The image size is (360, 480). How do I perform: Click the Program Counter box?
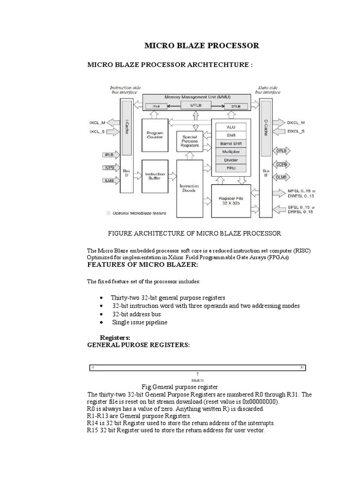(x=155, y=135)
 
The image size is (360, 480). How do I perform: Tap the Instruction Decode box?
(x=189, y=188)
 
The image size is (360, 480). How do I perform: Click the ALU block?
(x=231, y=127)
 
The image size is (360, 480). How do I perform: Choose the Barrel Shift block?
(x=231, y=143)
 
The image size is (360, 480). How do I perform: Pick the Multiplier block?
(x=231, y=152)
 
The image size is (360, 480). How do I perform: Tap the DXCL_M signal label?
(x=296, y=123)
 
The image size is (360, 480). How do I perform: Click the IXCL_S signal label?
(x=97, y=133)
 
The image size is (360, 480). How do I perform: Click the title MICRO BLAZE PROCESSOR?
(x=201, y=45)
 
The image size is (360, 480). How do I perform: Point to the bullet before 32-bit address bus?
(x=102, y=315)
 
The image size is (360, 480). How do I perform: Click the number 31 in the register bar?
(x=302, y=367)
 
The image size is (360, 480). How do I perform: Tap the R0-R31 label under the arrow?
(x=197, y=380)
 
